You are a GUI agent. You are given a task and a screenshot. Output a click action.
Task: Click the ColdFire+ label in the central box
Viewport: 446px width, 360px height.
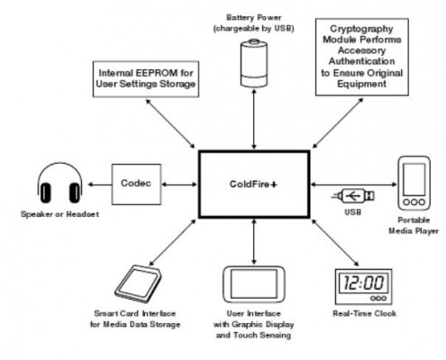click(x=253, y=184)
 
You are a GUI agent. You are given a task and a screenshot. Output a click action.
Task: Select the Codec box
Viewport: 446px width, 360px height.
click(x=136, y=184)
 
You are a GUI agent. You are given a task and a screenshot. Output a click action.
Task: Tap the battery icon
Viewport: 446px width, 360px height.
click(x=254, y=63)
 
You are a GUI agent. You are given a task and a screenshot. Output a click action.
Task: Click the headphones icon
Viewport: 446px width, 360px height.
click(x=60, y=183)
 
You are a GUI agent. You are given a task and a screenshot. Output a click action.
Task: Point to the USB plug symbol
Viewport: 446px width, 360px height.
click(x=353, y=196)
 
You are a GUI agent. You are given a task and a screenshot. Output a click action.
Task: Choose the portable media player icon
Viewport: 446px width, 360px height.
click(x=414, y=183)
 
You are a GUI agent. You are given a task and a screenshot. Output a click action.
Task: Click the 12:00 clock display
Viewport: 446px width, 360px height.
click(x=363, y=283)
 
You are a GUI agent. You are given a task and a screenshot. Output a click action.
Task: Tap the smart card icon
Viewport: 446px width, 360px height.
click(x=139, y=284)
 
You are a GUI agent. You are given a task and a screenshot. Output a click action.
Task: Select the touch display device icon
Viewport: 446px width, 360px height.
click(x=254, y=284)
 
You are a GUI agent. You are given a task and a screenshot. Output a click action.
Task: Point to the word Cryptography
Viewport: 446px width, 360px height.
click(x=361, y=29)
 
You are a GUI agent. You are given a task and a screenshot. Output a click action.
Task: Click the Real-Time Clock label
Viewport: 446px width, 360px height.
click(x=364, y=313)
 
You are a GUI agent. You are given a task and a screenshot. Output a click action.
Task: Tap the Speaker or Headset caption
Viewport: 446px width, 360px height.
click(x=59, y=214)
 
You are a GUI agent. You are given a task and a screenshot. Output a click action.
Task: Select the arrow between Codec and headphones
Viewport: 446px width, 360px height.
click(x=100, y=184)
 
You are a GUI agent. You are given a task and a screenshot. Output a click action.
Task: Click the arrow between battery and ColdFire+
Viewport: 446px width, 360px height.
click(x=254, y=119)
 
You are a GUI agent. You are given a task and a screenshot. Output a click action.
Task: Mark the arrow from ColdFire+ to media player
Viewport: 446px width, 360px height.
click(x=354, y=184)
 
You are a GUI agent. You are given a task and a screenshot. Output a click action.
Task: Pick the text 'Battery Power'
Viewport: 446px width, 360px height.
click(x=254, y=18)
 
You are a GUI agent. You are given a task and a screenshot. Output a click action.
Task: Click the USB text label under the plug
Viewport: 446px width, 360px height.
click(x=352, y=212)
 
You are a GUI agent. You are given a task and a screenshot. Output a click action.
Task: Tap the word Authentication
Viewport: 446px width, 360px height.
click(x=361, y=61)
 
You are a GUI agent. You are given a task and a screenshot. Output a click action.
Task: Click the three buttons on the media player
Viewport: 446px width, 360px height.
click(x=414, y=202)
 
